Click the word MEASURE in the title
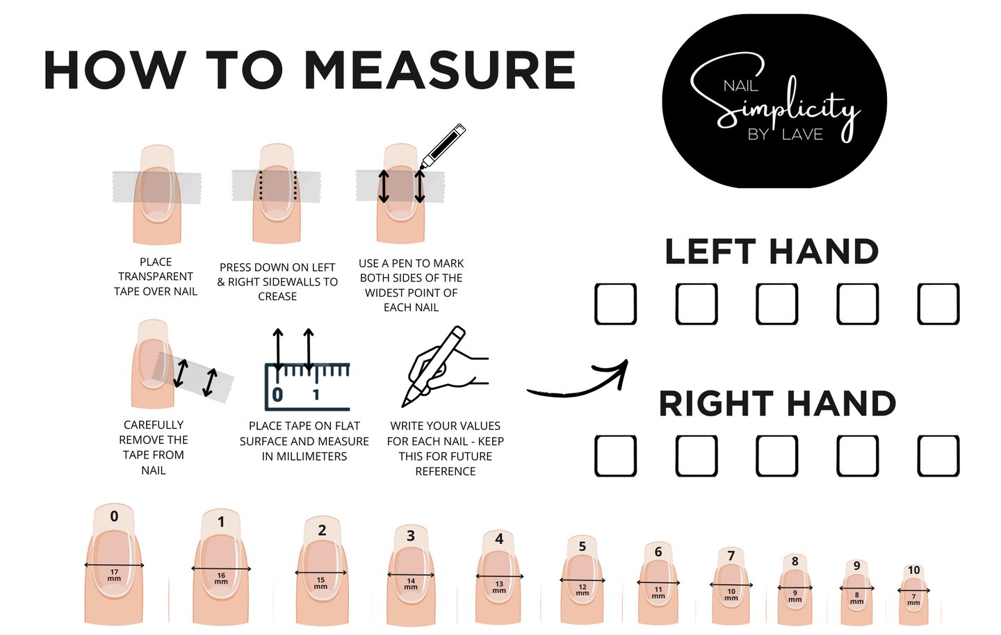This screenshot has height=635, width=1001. [441, 70]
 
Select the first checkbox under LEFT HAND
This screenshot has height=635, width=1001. [615, 304]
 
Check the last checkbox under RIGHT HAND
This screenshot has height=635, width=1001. [938, 456]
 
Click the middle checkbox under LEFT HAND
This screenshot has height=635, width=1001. [777, 304]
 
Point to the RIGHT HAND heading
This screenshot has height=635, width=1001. [777, 404]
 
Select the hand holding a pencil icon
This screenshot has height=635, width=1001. [445, 366]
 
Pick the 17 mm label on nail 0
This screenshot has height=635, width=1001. [115, 575]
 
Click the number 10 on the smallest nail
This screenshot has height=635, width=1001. [914, 570]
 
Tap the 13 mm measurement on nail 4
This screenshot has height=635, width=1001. [499, 587]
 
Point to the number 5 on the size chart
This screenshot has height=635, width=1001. [583, 546]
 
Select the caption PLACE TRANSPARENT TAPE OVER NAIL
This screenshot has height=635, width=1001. [156, 277]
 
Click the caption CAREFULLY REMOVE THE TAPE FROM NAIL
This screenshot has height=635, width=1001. [153, 447]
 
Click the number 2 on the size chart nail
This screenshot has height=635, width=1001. [323, 530]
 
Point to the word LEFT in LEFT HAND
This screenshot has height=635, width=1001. [710, 252]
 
